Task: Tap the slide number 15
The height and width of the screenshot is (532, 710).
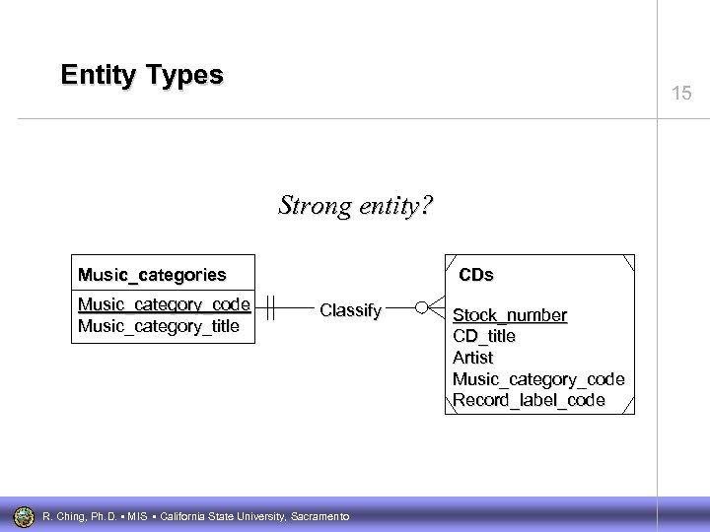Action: tap(681, 94)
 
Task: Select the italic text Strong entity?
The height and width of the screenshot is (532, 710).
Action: tap(355, 206)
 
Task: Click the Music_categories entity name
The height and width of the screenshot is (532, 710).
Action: tap(153, 274)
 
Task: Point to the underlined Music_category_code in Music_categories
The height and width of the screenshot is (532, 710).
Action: tap(164, 303)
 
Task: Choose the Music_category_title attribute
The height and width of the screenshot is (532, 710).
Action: tap(158, 325)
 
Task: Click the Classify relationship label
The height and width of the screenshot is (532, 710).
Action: tap(350, 310)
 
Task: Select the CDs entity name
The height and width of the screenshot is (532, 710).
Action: tap(476, 274)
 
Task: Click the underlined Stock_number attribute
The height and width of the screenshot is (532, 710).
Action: tap(509, 315)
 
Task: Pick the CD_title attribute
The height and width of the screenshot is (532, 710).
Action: tap(483, 336)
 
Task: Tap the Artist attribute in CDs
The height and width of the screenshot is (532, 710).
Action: tap(472, 358)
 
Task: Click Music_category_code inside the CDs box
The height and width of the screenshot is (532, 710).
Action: tap(537, 379)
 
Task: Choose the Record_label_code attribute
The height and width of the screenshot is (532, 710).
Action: tap(528, 401)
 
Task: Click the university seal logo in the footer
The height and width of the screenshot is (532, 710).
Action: tap(24, 515)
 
